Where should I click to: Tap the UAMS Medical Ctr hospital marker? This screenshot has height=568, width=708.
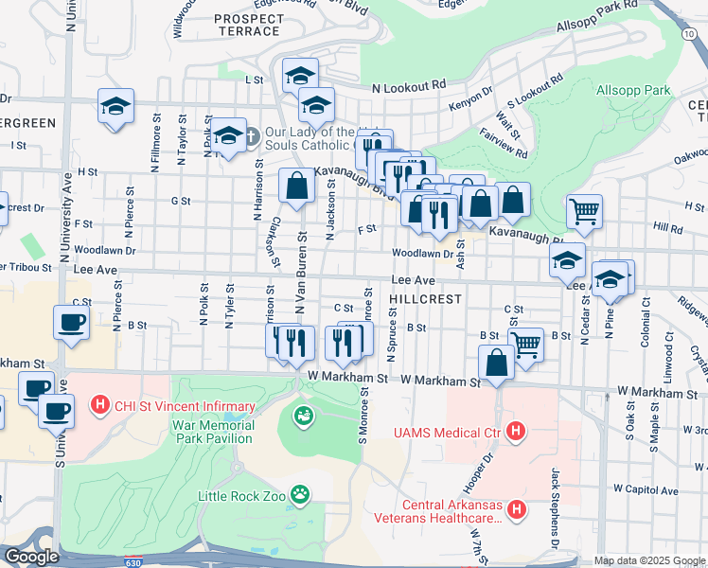pos(516,433)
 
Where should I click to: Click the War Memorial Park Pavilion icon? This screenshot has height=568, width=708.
pos(303,416)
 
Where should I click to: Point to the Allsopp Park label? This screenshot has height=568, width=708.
pos(633,91)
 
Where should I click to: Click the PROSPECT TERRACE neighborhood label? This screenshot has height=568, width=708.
pos(247,25)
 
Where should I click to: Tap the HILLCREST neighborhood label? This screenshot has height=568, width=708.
pos(425,298)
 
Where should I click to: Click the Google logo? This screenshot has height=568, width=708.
pos(31,557)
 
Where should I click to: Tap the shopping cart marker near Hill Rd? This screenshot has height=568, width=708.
pos(584,212)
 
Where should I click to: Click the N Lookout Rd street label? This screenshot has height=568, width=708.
pos(409,86)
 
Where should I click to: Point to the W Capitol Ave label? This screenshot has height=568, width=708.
pos(646,490)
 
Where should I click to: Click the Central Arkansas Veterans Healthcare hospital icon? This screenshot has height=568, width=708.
pos(517,510)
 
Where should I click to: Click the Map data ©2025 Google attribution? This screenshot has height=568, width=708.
pos(649,560)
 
